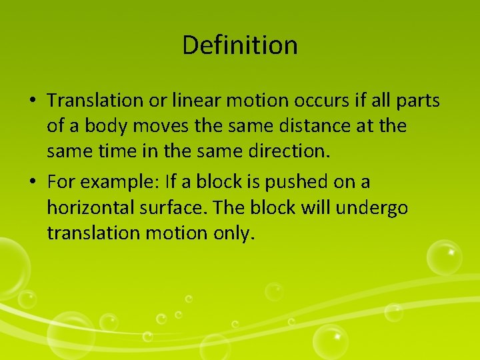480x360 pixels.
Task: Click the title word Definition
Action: tap(239, 45)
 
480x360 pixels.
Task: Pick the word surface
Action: tap(177, 208)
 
